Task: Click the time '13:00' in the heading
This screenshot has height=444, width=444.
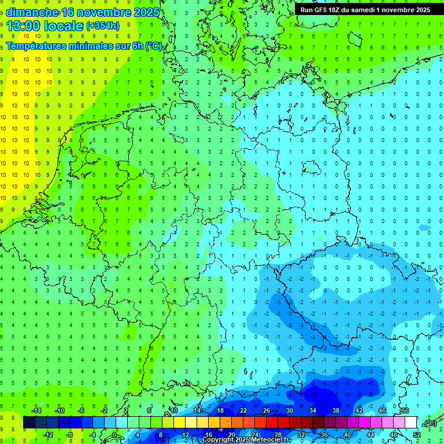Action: (25, 27)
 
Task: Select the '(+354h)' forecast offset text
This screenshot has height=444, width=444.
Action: (102, 26)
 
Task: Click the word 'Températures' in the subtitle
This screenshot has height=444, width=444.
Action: (39, 46)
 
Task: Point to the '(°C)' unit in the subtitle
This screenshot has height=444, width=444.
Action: (154, 46)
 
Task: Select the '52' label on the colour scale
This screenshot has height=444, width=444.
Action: (417, 434)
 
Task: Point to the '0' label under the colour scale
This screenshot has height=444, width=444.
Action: (114, 434)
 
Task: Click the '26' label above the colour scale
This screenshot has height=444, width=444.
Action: (267, 410)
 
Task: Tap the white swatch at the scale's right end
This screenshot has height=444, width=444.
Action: (410, 423)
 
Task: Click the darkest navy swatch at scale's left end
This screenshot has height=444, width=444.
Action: (29, 423)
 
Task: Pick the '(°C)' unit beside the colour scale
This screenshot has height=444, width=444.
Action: (429, 423)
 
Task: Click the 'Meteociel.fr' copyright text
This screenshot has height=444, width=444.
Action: (268, 440)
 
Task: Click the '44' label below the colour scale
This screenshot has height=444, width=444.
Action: (371, 434)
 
